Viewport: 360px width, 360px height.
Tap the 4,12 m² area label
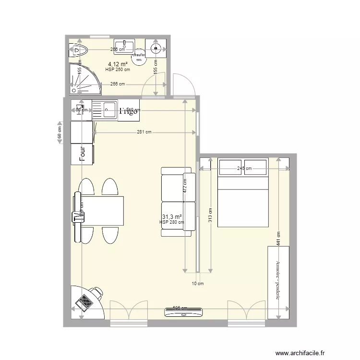[118, 64]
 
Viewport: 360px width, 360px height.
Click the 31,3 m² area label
[172, 217]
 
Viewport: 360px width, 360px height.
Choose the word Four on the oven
[83, 154]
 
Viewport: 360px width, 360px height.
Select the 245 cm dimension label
[245, 168]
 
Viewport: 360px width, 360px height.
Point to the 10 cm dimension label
[198, 284]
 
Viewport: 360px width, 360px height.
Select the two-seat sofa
[179, 202]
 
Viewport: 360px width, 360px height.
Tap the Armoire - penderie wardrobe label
[278, 280]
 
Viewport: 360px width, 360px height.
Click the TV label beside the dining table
[77, 216]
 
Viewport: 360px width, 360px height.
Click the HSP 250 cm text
[118, 70]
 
